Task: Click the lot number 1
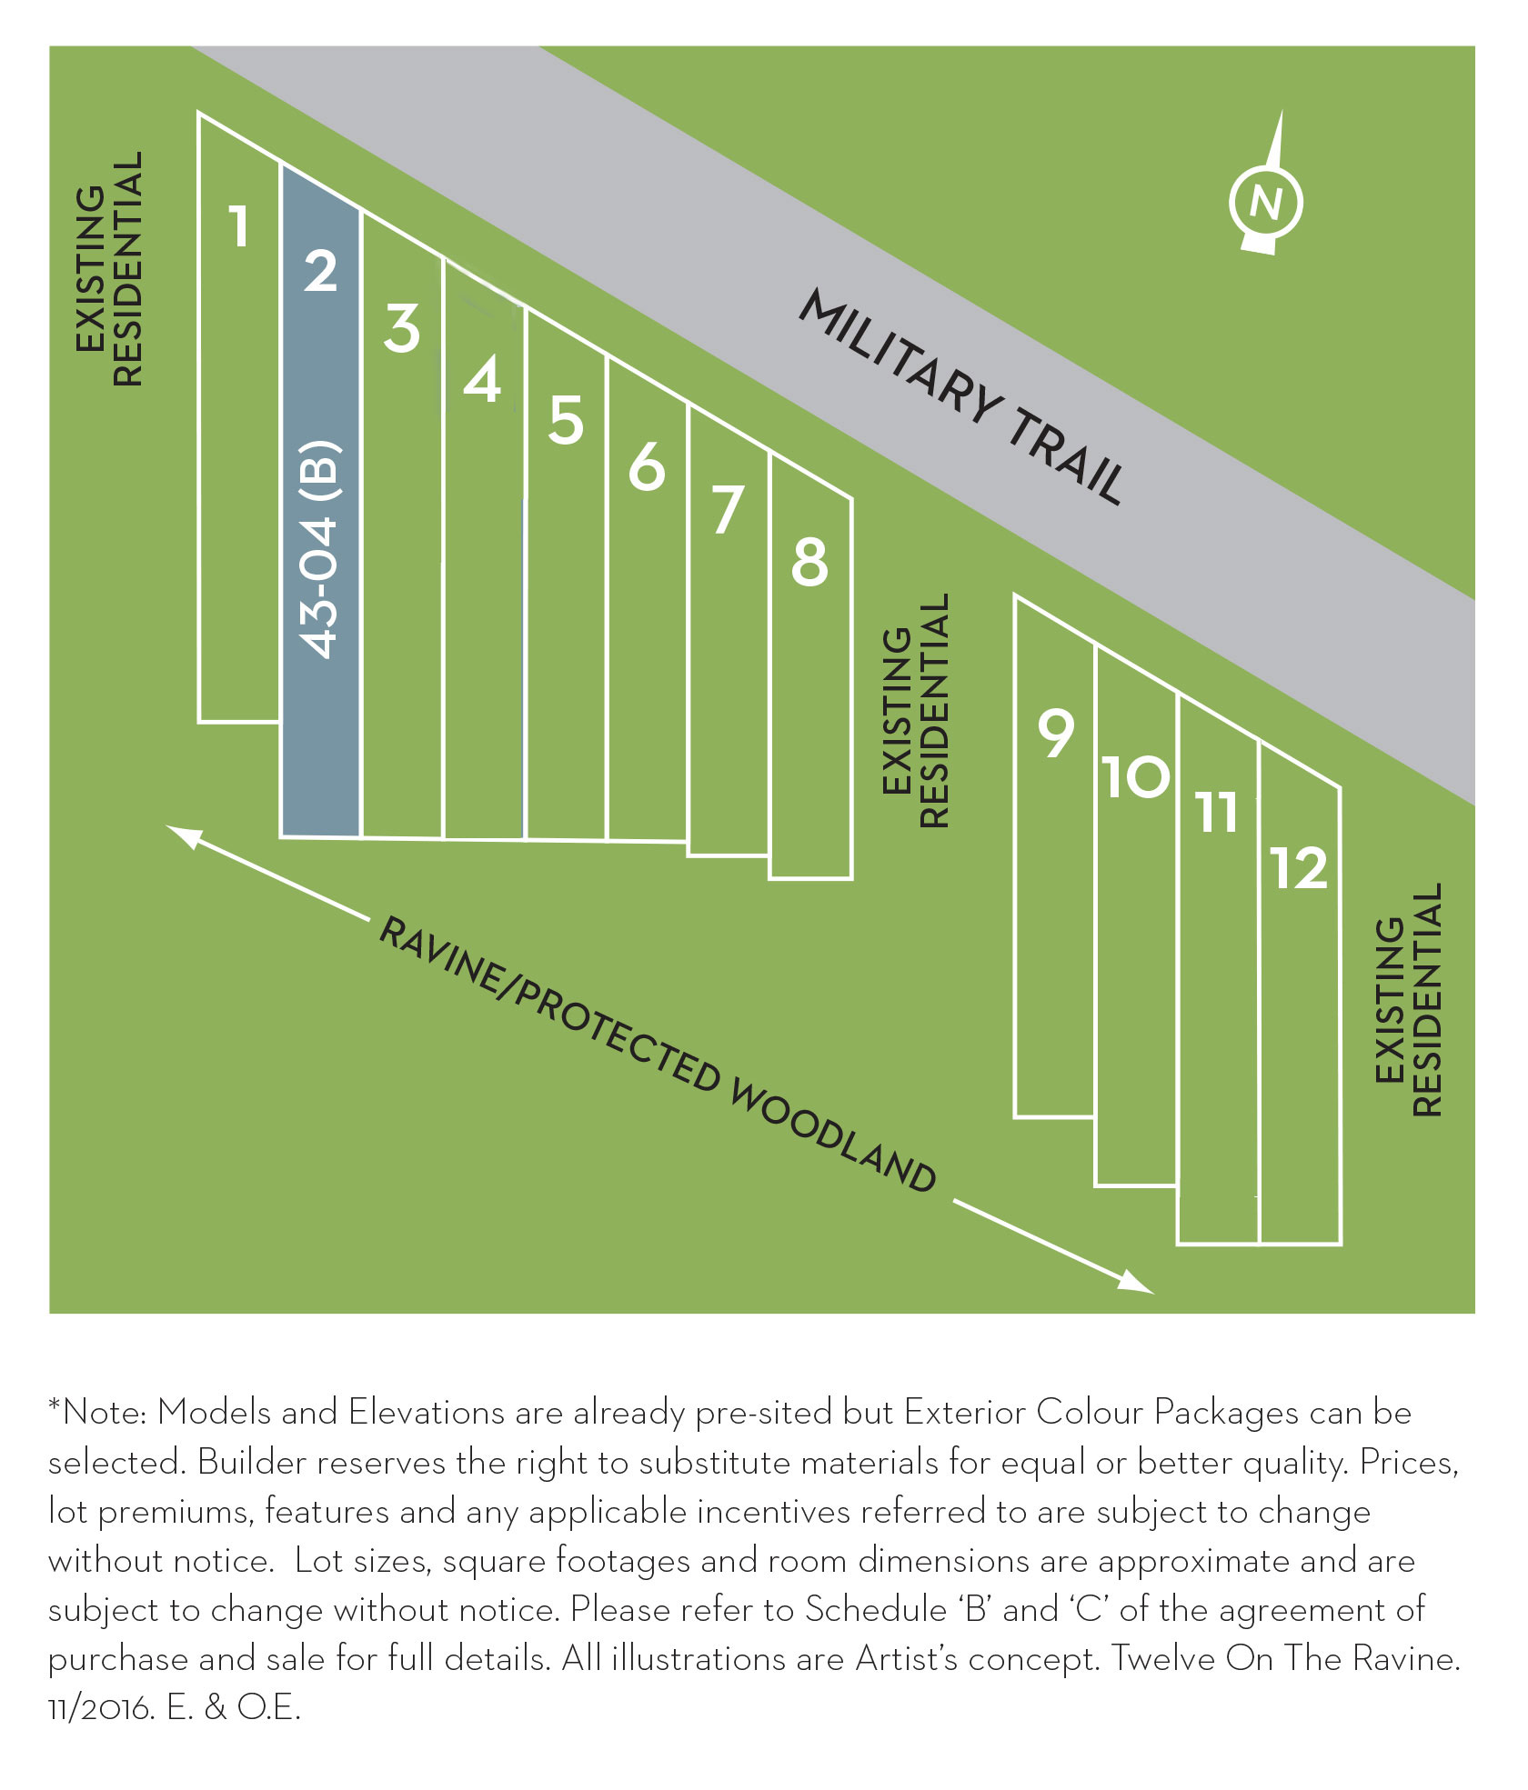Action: coord(239,226)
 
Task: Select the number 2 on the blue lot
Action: coord(320,271)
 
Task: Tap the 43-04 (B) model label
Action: coord(319,549)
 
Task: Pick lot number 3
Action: coord(401,328)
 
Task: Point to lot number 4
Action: coord(482,380)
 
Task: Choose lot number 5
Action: coord(565,420)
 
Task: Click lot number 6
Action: coord(647,467)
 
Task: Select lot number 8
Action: coord(809,562)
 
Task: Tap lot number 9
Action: coord(1056,734)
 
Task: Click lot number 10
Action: coord(1136,777)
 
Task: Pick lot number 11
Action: coord(1218,813)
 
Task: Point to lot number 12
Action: coord(1299,868)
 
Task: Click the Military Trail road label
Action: coord(961,396)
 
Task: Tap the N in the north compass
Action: coord(1265,202)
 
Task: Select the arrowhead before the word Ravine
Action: coord(181,835)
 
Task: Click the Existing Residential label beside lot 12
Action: coord(1408,1000)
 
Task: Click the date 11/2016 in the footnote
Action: coord(100,1708)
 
